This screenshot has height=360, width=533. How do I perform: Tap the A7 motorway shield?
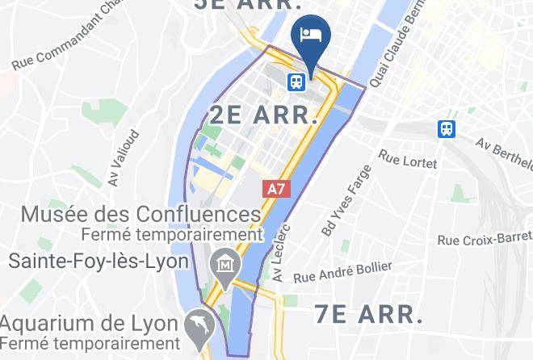(276, 189)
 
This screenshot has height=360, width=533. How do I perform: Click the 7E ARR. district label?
(368, 313)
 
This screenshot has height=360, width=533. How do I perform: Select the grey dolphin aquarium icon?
(199, 324)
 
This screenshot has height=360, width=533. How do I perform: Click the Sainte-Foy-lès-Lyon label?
(99, 262)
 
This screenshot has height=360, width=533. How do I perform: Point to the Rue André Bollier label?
(342, 272)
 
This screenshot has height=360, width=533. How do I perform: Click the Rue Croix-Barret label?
(483, 239)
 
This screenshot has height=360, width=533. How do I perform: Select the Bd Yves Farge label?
(346, 200)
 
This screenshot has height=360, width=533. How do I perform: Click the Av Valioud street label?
(124, 158)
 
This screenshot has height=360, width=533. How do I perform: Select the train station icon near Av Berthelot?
(445, 128)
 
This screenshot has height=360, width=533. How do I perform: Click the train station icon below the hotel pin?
(296, 81)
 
